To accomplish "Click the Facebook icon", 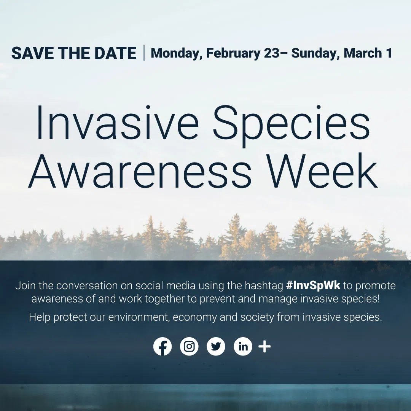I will click(162, 347).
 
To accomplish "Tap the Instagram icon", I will click(189, 347).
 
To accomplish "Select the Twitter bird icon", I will click(216, 347).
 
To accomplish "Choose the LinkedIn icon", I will click(243, 347).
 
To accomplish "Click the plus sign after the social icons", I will click(264, 347).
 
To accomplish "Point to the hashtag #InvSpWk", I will click(313, 285).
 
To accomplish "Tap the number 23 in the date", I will click(271, 53).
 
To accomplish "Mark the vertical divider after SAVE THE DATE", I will click(144, 53).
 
